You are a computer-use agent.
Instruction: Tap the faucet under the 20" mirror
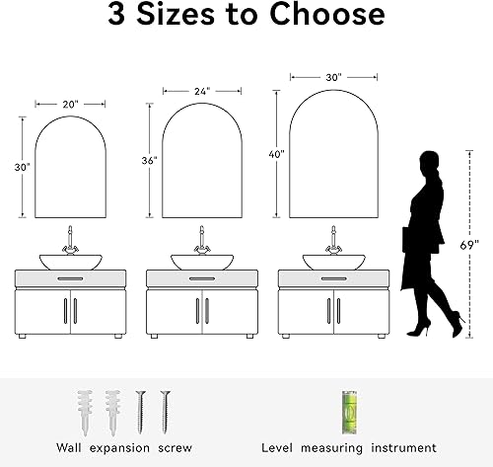70,241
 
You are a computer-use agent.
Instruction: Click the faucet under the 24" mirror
201,241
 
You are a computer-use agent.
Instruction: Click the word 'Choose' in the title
315,18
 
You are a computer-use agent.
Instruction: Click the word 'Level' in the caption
280,447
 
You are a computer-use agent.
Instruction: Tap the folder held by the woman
406,241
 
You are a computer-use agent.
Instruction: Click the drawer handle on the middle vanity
201,280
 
